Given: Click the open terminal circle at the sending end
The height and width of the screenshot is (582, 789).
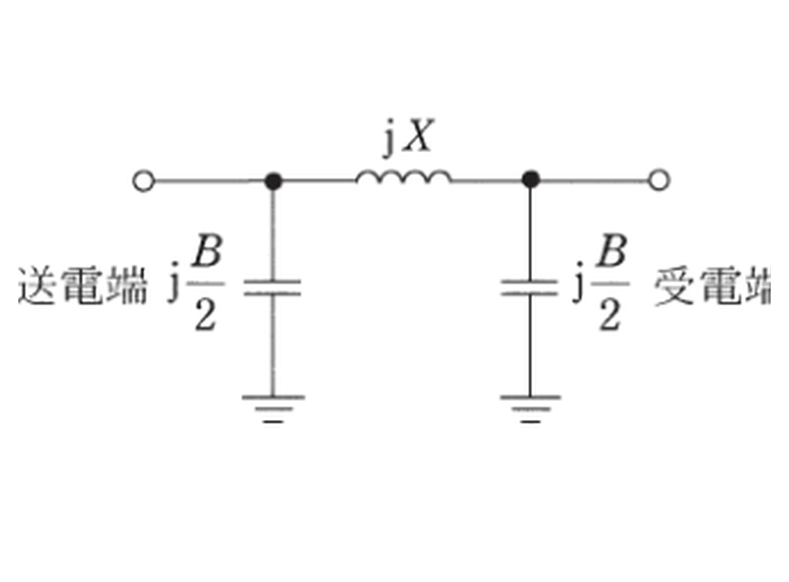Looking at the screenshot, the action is pyautogui.click(x=144, y=181).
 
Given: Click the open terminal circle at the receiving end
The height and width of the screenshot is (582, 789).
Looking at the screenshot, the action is pyautogui.click(x=659, y=180).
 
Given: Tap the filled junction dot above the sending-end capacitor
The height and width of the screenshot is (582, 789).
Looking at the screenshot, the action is pyautogui.click(x=273, y=181).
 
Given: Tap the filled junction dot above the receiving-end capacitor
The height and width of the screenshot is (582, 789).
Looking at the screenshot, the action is pyautogui.click(x=531, y=180).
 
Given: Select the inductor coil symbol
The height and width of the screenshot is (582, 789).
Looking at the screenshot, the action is pyautogui.click(x=403, y=177).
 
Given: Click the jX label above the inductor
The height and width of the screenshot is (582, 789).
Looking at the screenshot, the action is pyautogui.click(x=407, y=137).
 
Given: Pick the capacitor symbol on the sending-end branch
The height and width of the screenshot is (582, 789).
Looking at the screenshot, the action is pyautogui.click(x=273, y=288).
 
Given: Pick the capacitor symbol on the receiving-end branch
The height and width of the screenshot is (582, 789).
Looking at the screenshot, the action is pyautogui.click(x=530, y=288).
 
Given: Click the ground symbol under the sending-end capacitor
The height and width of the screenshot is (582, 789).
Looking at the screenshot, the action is pyautogui.click(x=273, y=409).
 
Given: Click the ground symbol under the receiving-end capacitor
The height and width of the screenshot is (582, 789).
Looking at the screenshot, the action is pyautogui.click(x=531, y=409).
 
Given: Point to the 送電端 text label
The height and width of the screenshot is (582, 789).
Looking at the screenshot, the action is pyautogui.click(x=83, y=285).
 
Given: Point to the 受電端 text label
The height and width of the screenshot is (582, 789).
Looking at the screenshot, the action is pyautogui.click(x=712, y=285).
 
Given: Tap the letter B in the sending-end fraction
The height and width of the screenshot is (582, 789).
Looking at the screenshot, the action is pyautogui.click(x=208, y=251).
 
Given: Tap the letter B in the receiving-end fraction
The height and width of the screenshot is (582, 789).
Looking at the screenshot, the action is pyautogui.click(x=612, y=251).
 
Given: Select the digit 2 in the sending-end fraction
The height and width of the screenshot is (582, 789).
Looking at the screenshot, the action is pyautogui.click(x=206, y=316).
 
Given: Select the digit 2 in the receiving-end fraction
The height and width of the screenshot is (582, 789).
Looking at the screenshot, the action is pyautogui.click(x=610, y=316).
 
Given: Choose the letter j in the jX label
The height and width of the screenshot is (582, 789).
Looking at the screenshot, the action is pyautogui.click(x=388, y=139).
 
